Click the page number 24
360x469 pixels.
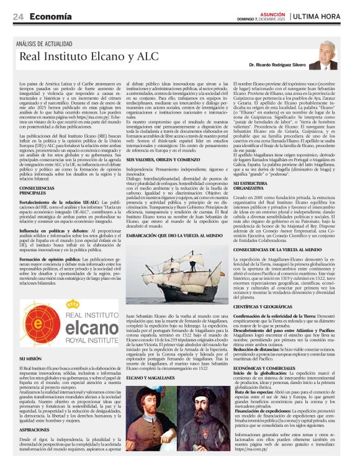click(18, 17)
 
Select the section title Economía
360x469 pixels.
click(50, 17)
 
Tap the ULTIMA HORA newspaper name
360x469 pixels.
click(320, 17)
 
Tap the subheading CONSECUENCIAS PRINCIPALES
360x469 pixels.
click(37, 190)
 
